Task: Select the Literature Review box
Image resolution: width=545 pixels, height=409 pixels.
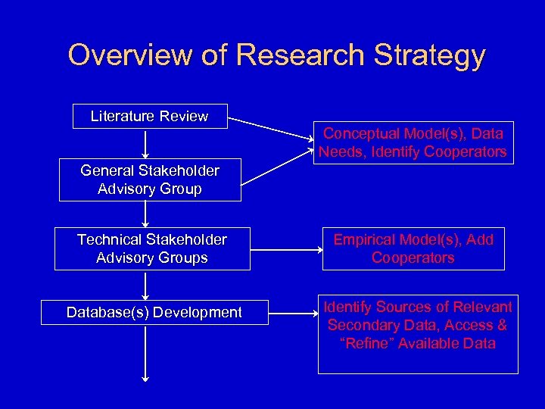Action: (x=149, y=116)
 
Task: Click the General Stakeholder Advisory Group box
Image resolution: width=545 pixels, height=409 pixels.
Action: (x=150, y=180)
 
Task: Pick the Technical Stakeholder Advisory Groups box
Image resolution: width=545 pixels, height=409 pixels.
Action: (x=151, y=248)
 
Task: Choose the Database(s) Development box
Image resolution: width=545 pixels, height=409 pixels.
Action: (x=154, y=312)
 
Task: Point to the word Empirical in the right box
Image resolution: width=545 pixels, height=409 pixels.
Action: (x=366, y=239)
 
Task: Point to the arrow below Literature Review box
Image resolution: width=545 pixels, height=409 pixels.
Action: (x=145, y=143)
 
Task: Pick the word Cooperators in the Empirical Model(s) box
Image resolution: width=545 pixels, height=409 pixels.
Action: (x=413, y=258)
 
